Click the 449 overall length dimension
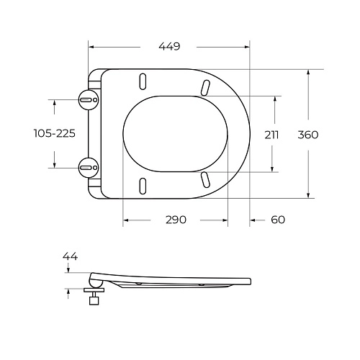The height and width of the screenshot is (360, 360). pyautogui.click(x=168, y=46)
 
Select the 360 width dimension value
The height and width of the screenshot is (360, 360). pyautogui.click(x=307, y=134)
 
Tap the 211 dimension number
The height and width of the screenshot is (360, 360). pyautogui.click(x=271, y=134)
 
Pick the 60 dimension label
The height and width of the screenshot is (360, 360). pyautogui.click(x=278, y=220)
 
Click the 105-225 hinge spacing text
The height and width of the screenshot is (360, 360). pyautogui.click(x=55, y=133)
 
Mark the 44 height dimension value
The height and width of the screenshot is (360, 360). pyautogui.click(x=70, y=256)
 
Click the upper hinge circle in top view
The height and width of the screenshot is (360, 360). pyautogui.click(x=87, y=99)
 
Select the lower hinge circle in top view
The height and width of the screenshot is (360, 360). pyautogui.click(x=87, y=167)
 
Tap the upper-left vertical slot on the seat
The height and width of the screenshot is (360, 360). pyautogui.click(x=143, y=81)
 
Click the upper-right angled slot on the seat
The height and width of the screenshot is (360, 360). pyautogui.click(x=206, y=87)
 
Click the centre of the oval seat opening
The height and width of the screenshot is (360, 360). pyautogui.click(x=176, y=133)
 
